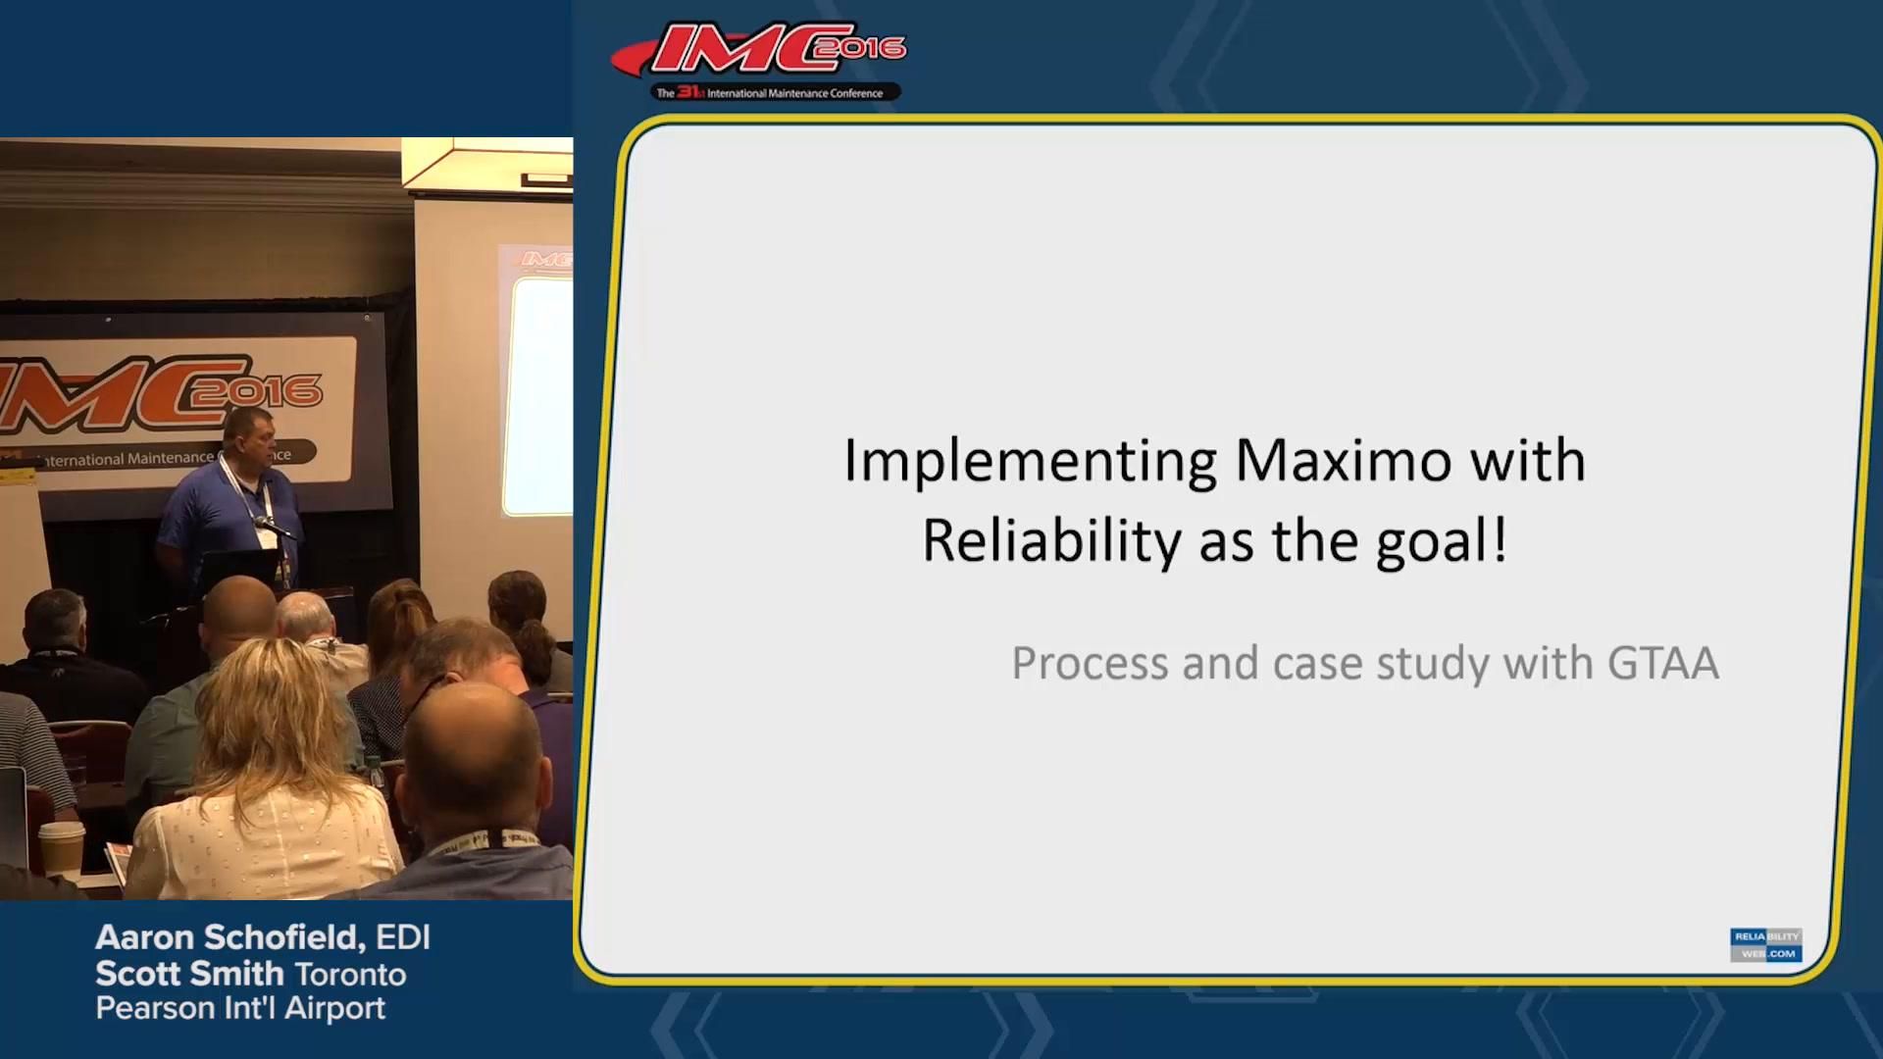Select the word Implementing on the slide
pos(1030,460)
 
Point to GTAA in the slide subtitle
pos(1663,664)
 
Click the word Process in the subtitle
pos(1090,664)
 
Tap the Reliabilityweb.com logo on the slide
pos(1765,944)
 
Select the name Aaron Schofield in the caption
pos(229,937)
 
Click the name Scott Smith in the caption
pos(189,974)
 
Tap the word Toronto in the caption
pos(350,975)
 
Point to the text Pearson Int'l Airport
pos(240,1008)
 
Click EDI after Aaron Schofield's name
pos(402,937)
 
